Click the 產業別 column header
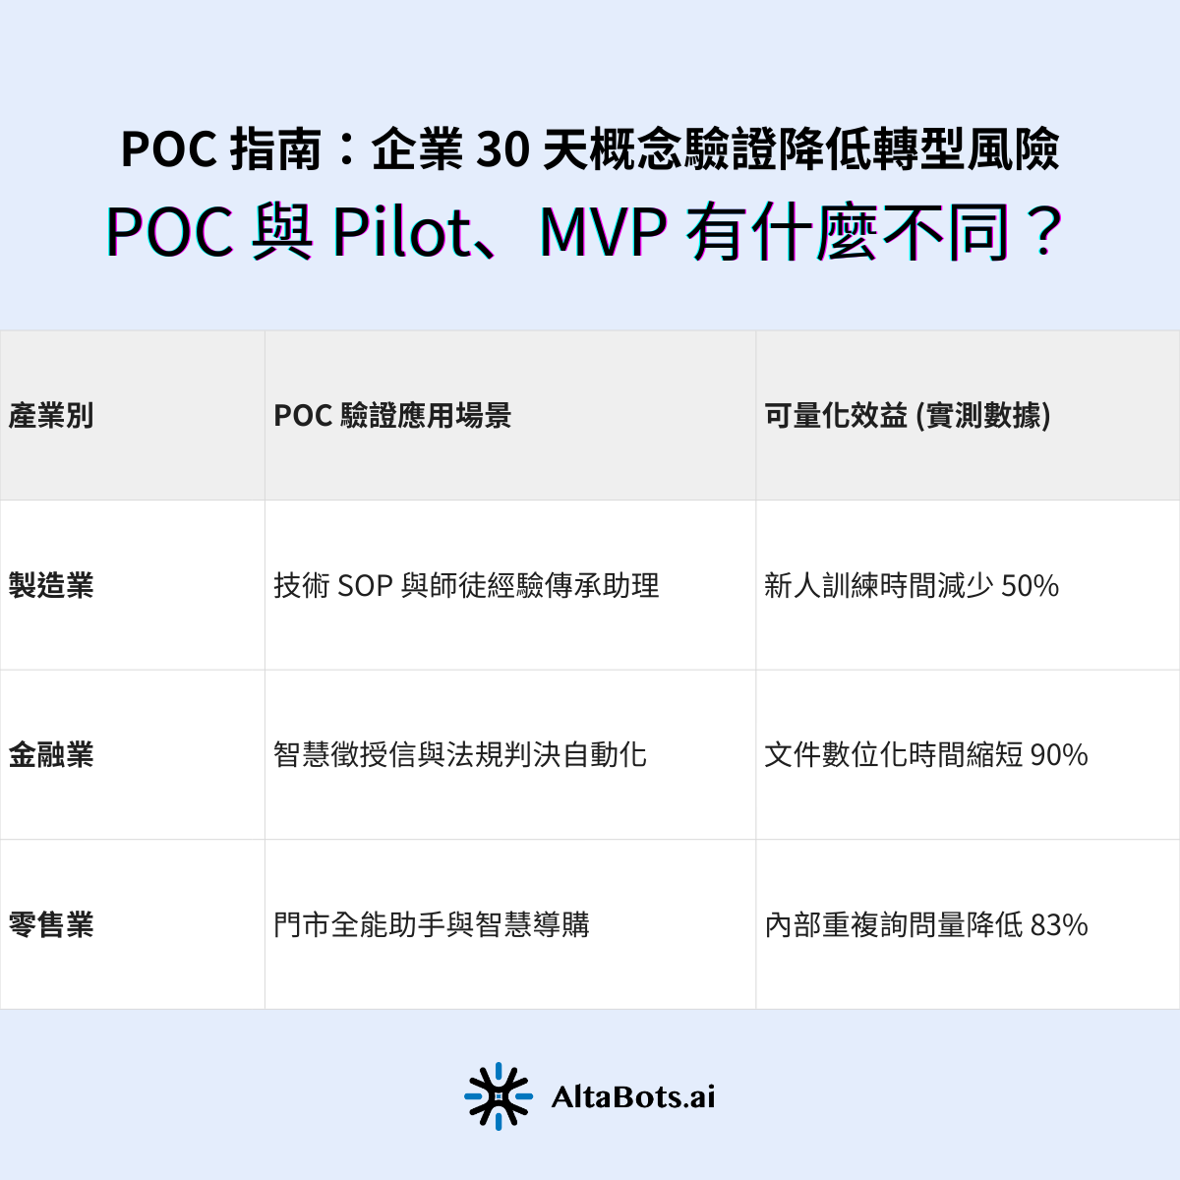(x=51, y=416)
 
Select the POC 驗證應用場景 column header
(x=392, y=416)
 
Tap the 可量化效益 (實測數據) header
(x=908, y=416)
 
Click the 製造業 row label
(x=51, y=586)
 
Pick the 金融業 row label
(x=51, y=755)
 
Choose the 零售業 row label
(x=51, y=925)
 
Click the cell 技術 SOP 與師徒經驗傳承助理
(x=466, y=586)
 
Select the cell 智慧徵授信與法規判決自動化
(x=460, y=755)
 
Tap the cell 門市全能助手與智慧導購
(x=432, y=925)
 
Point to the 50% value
(x=1030, y=586)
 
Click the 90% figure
(x=1059, y=755)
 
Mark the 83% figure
(x=1059, y=925)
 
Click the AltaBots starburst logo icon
(x=499, y=1095)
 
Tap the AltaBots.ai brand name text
(x=633, y=1096)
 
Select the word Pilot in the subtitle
(x=402, y=233)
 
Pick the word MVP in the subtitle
(x=602, y=233)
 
